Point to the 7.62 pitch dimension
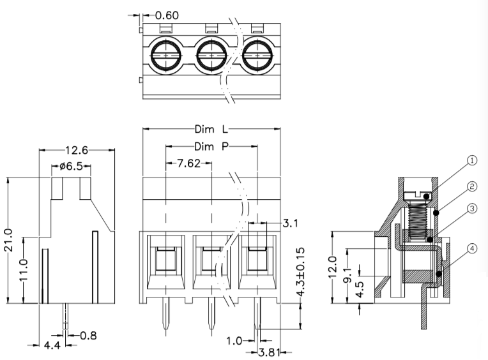(x=188, y=164)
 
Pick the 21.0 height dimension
(x=8, y=241)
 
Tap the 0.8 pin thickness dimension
(x=89, y=335)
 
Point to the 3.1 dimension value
(x=289, y=223)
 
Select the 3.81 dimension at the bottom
(x=268, y=352)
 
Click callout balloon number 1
(x=471, y=161)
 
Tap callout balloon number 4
(x=471, y=249)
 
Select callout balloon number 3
(x=471, y=208)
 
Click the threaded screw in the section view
(x=418, y=217)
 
